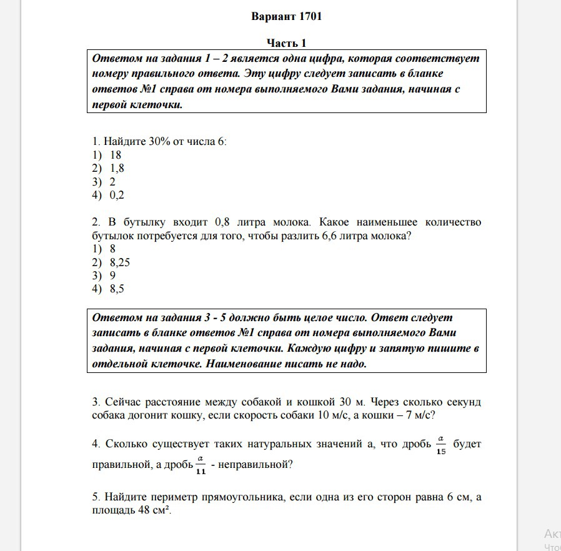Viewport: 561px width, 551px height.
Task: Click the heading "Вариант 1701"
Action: (x=286, y=17)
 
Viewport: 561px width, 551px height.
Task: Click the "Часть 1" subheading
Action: (x=286, y=43)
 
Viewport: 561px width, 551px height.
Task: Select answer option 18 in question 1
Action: (x=116, y=155)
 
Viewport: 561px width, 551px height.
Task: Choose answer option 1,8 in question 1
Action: (x=117, y=168)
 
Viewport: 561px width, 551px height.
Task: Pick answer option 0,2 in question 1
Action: (x=117, y=195)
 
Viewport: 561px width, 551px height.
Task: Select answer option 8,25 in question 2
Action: (x=119, y=262)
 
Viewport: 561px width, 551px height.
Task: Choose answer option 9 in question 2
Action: (x=112, y=275)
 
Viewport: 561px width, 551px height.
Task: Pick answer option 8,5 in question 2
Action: (x=117, y=289)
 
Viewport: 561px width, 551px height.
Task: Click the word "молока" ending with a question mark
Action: (x=392, y=236)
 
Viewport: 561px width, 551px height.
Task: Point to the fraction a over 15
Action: (x=441, y=445)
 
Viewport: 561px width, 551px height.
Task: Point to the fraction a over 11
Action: (x=201, y=465)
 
